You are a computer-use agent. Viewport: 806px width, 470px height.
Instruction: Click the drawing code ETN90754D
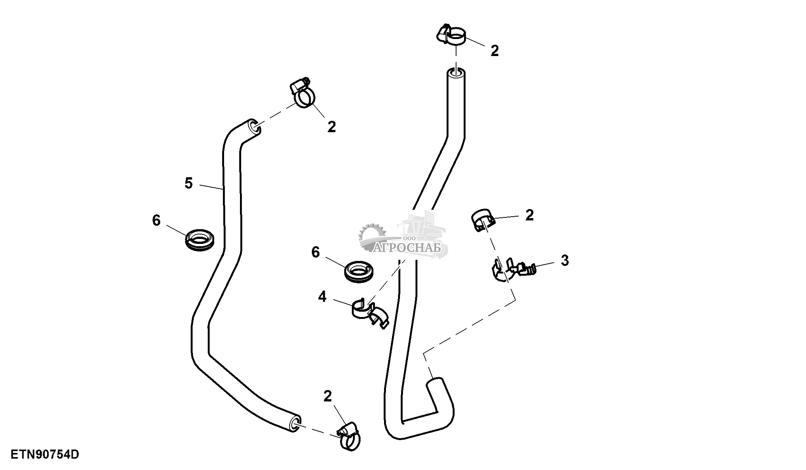[45, 454]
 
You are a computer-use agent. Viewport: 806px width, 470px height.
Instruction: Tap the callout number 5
[189, 183]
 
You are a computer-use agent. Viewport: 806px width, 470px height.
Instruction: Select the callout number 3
[565, 261]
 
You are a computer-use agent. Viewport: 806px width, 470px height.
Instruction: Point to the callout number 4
[322, 297]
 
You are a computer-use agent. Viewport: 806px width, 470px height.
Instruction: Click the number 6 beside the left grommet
[156, 220]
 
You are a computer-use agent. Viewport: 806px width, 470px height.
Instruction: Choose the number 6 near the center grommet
[315, 252]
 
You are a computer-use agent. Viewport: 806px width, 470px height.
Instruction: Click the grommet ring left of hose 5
[200, 239]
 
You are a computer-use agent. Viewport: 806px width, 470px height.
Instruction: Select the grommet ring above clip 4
[359, 271]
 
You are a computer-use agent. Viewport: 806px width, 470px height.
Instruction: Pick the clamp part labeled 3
[514, 270]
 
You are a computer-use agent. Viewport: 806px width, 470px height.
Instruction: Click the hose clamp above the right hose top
[451, 36]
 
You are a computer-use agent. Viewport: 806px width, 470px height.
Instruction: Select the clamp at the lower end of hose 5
[348, 439]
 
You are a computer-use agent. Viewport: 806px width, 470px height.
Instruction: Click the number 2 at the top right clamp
[495, 51]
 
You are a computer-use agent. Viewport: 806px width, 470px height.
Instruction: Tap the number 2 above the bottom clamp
[328, 396]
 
